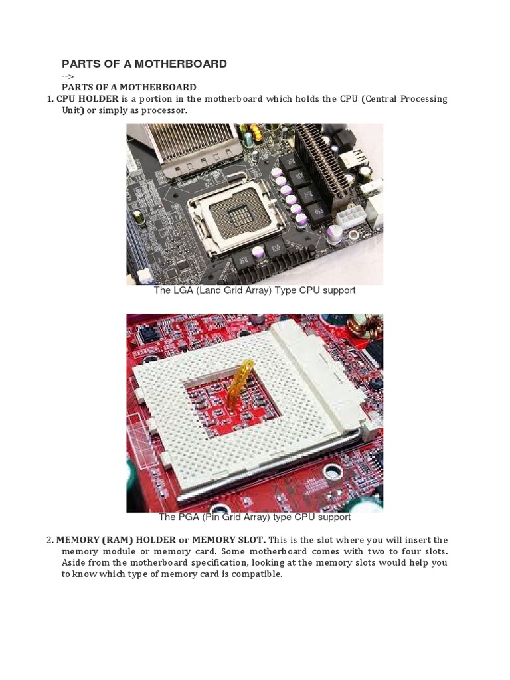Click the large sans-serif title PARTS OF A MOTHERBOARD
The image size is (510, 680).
click(x=144, y=64)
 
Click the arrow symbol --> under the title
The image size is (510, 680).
click(x=68, y=76)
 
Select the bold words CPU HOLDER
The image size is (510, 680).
click(x=87, y=99)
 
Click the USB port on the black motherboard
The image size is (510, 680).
click(x=353, y=159)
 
